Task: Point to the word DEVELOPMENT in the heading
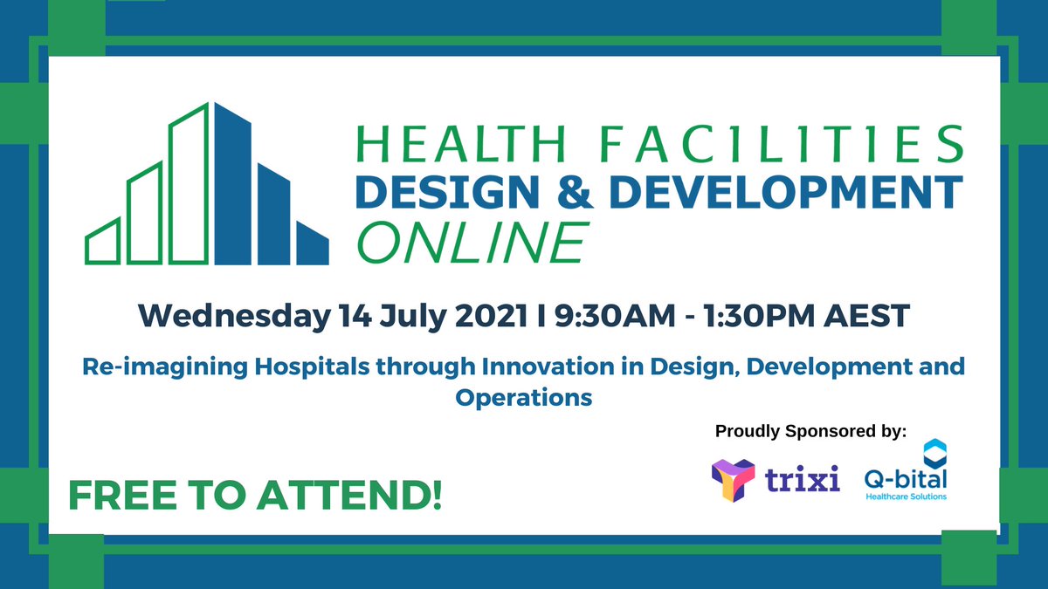tap(785, 191)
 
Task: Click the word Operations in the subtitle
tap(523, 397)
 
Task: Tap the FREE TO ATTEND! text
tap(255, 495)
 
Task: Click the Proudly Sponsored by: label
tap(811, 431)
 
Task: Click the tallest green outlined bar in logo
tap(190, 184)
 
